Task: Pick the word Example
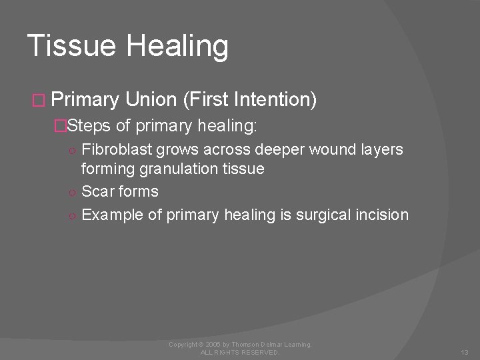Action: [109, 215]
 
